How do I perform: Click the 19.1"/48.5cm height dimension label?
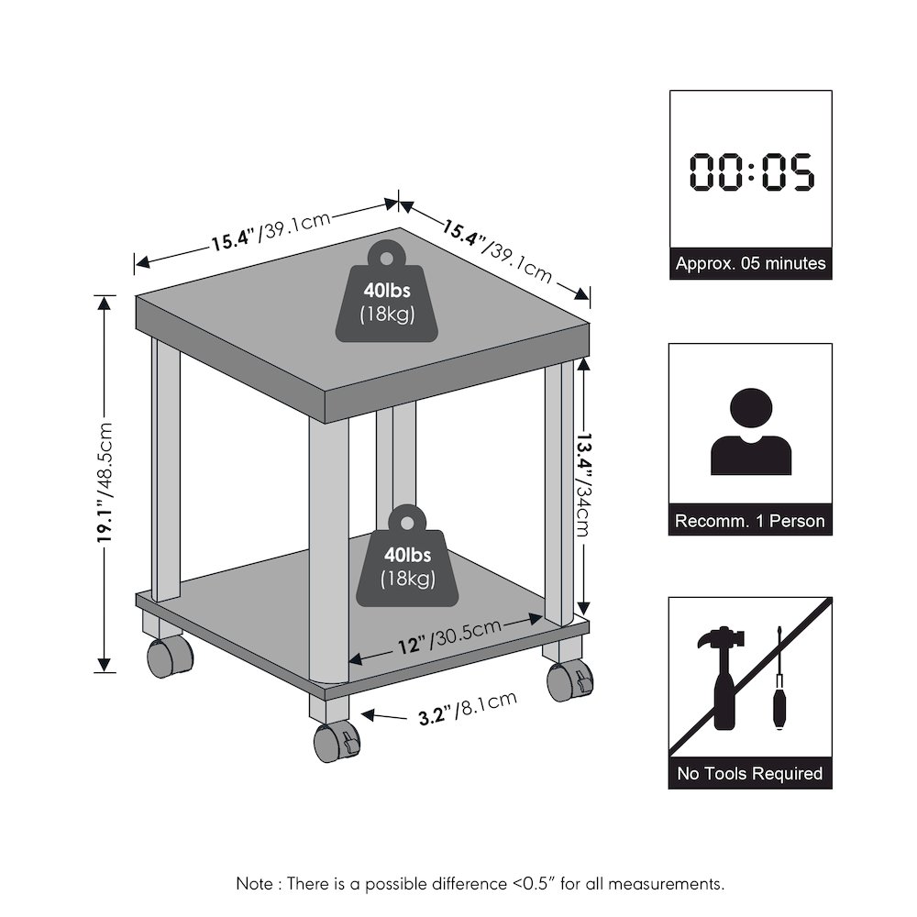(105, 483)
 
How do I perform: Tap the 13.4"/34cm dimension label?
(584, 485)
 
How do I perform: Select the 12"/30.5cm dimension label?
(449, 637)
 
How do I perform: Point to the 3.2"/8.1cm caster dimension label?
(468, 708)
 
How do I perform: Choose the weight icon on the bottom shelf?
(408, 556)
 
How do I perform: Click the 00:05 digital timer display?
(751, 172)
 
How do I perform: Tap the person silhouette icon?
(751, 431)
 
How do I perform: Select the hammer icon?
(722, 678)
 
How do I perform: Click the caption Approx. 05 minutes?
(751, 263)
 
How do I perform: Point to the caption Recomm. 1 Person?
(750, 521)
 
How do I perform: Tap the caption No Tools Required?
(750, 773)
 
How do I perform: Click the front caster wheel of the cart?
(337, 742)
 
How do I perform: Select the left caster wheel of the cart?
(169, 657)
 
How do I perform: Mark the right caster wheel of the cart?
(569, 682)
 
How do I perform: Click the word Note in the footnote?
(254, 883)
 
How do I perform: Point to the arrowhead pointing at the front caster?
(369, 714)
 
